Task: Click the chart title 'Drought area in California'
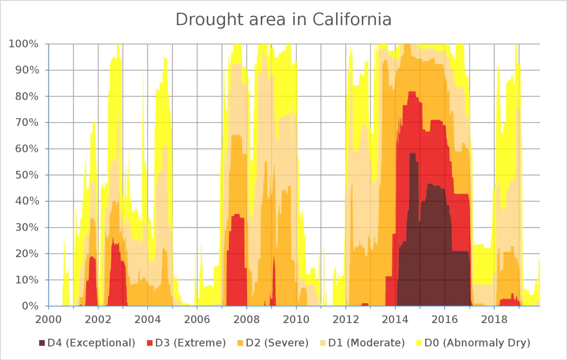pos(283,20)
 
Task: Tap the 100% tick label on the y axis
pos(23,44)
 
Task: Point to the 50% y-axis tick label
pos(27,175)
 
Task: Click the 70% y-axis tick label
pos(27,123)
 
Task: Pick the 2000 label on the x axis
pos(49,320)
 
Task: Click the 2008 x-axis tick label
pos(247,320)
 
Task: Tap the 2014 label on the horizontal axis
pos(395,320)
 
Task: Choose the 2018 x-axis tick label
pos(494,320)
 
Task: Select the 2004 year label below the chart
pos(148,320)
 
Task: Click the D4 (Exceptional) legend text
pos(91,343)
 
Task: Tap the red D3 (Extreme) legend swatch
pos(150,343)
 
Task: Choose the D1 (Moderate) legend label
pos(366,343)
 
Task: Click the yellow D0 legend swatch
pos(419,343)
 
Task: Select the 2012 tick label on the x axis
pos(346,320)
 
